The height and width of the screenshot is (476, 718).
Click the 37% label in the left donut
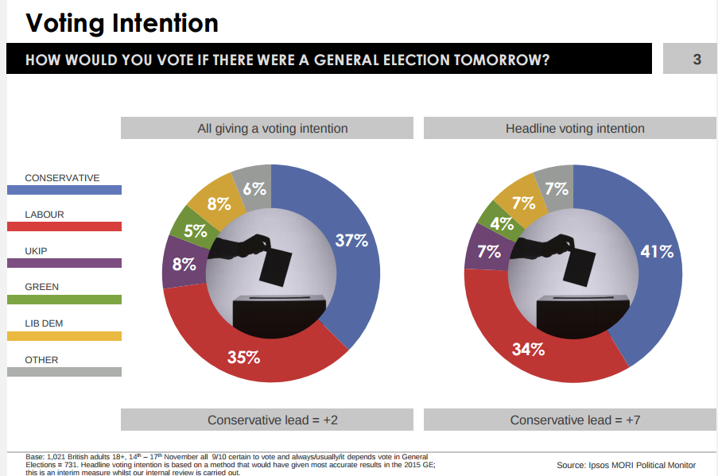tap(351, 240)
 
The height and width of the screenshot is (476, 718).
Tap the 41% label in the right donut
tap(657, 252)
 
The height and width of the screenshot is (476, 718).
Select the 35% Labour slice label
tap(244, 357)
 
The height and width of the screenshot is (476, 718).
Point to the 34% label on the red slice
tap(528, 348)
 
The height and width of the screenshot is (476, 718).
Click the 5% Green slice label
tap(196, 231)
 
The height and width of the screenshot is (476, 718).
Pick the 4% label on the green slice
tap(501, 224)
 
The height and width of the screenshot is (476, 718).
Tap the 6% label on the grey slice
tap(254, 189)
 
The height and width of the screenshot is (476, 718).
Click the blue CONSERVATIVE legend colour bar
tap(64, 190)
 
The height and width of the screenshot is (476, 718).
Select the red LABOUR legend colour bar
tap(64, 226)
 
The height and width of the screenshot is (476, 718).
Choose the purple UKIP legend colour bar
tap(64, 263)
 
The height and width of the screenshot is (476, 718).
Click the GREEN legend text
tap(41, 287)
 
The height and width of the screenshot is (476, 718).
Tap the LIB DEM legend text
tap(44, 323)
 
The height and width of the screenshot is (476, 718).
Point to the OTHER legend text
tap(41, 360)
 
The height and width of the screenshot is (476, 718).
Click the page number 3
tap(697, 60)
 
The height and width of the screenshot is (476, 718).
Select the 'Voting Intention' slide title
tap(122, 22)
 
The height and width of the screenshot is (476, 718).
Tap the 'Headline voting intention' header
tap(575, 128)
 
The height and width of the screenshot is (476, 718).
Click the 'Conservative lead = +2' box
tap(266, 420)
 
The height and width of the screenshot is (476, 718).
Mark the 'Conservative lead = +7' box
tap(575, 420)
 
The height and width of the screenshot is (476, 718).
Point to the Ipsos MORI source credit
tap(626, 465)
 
